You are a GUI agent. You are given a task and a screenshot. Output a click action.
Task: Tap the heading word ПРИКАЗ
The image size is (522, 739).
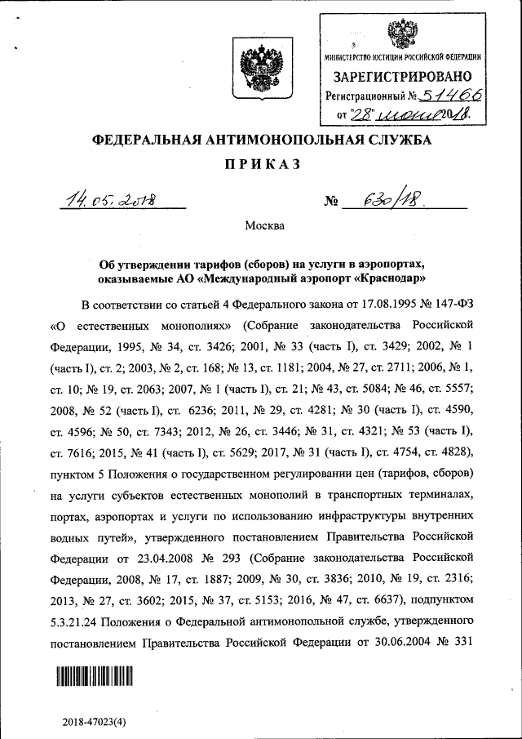[x=262, y=164]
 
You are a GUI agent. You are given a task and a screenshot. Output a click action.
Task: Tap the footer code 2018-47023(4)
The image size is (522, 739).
[x=94, y=722]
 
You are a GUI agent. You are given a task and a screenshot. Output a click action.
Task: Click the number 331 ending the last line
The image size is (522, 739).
[x=462, y=643]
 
